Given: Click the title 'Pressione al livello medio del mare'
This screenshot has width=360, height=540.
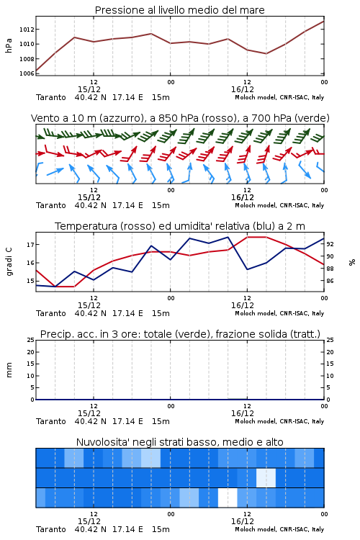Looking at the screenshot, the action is (x=179, y=10).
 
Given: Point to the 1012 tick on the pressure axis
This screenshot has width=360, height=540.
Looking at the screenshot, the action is (x=27, y=30).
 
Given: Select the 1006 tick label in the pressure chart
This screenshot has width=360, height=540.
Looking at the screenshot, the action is (x=27, y=73).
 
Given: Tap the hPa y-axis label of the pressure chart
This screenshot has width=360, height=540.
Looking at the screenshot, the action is (x=9, y=45).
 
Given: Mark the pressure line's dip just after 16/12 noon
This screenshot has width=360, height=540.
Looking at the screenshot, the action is (x=266, y=53).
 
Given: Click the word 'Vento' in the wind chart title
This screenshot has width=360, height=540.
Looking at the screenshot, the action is (x=44, y=118).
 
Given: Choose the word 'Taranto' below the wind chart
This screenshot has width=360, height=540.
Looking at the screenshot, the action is (x=51, y=205).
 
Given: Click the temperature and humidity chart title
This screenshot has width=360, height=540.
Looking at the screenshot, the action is (x=179, y=226).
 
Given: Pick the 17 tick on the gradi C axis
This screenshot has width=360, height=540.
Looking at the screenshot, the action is (x=30, y=245).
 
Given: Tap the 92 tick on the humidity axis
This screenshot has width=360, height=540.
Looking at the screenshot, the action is (x=330, y=244).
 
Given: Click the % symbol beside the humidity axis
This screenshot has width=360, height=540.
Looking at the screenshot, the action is (x=352, y=262).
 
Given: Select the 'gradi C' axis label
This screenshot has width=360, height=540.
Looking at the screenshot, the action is (x=9, y=262).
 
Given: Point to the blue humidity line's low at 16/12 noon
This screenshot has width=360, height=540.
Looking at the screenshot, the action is (x=247, y=269).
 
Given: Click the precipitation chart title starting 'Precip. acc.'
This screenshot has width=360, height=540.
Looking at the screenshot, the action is (x=180, y=334).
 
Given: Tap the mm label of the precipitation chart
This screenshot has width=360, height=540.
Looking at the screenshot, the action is (x=9, y=370).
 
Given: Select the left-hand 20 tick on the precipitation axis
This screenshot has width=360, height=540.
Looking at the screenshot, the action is (x=31, y=352).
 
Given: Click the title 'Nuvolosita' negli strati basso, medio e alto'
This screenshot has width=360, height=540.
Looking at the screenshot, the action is (x=179, y=442).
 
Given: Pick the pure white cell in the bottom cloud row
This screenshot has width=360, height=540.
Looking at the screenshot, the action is (x=228, y=498).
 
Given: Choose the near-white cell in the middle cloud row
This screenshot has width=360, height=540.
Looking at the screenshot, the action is (x=266, y=478).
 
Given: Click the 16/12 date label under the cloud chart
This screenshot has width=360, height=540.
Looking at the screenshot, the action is (x=243, y=521).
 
